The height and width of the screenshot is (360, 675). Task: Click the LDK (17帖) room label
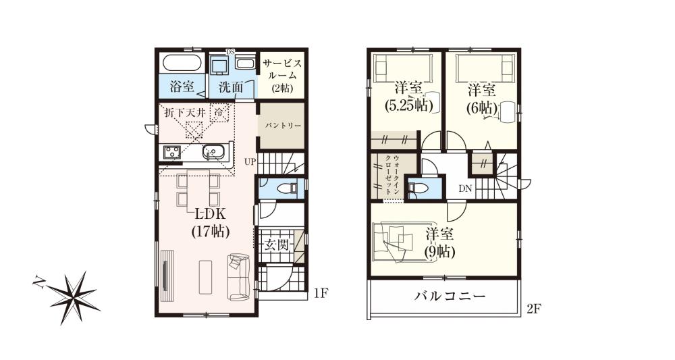pos(211,222)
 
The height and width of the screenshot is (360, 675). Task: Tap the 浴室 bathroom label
pos(182,86)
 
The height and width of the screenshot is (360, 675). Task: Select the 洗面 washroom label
pos(231,87)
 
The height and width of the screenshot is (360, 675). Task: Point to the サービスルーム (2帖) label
pos(282,76)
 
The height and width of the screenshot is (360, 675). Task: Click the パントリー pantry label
pos(282,126)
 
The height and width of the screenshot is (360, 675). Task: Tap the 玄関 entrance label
pos(276,245)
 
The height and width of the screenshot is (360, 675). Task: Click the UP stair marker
pos(250,162)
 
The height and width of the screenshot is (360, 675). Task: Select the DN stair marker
pos(465,188)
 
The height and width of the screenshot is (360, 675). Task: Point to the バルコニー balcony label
pos(450,297)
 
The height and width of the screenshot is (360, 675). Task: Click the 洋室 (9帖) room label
pos(440,243)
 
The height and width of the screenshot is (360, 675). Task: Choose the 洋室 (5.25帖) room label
pos(408,97)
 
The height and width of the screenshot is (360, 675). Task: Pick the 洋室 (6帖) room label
pos(482,99)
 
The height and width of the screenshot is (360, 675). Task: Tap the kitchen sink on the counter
pos(212,151)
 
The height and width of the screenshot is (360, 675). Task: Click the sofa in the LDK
pos(239,277)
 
